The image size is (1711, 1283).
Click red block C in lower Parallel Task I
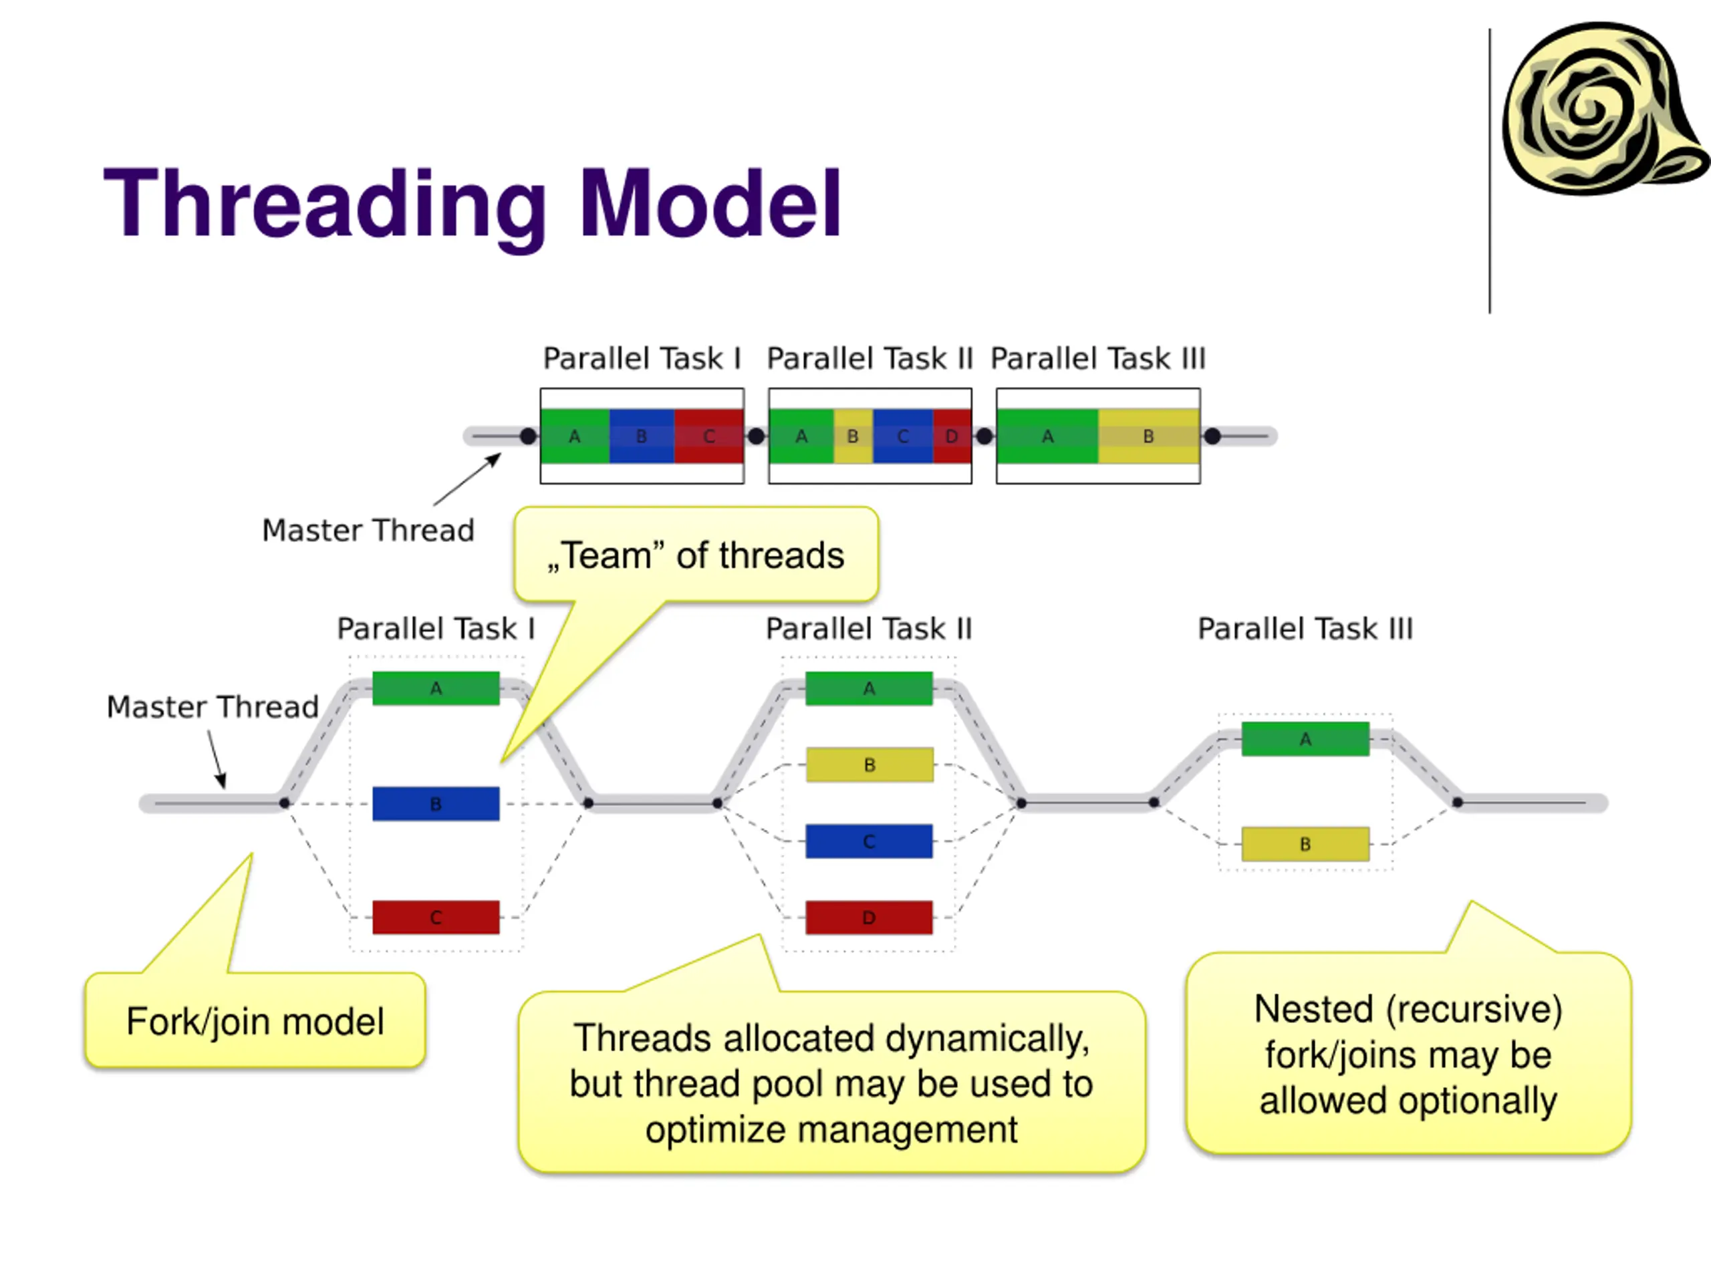pos(436,917)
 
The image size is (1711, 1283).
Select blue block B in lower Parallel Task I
pos(436,803)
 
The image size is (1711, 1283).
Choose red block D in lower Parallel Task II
pos(870,917)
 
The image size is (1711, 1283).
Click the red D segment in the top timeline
pos(952,436)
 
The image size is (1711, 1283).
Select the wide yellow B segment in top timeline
pos(1149,436)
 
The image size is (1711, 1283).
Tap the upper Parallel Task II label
pos(870,359)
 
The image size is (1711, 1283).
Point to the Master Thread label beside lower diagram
pos(213,707)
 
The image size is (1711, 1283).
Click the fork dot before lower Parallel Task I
pos(285,803)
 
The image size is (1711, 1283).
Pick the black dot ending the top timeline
pos(1212,436)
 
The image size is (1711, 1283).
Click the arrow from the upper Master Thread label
pos(467,480)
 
